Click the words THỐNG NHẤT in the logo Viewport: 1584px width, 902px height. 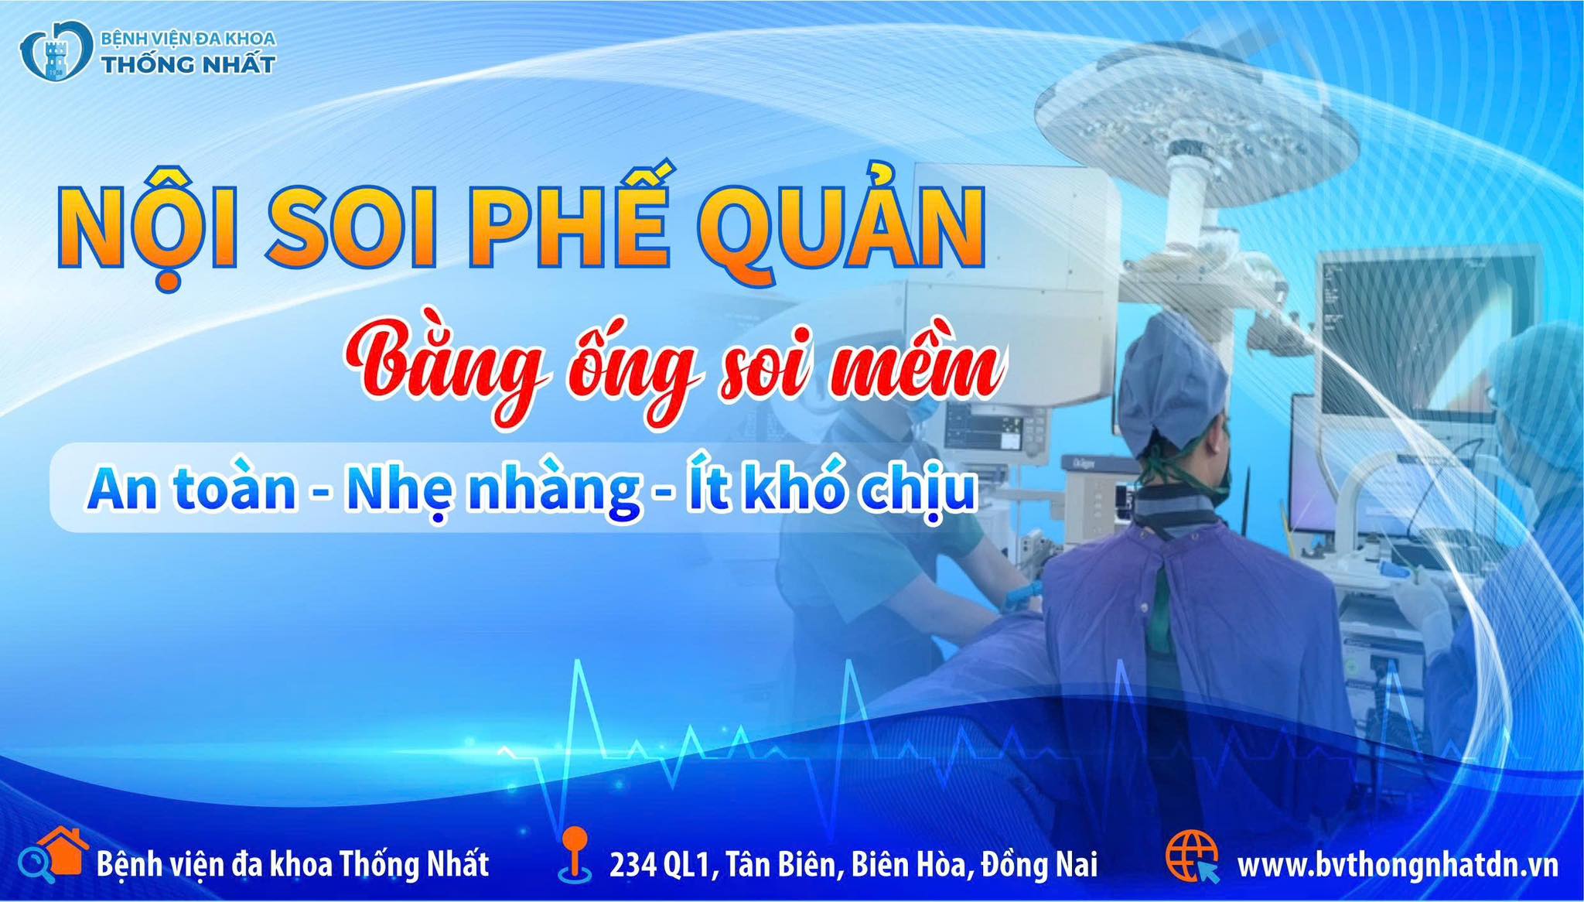[189, 64]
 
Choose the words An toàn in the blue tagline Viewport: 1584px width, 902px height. [192, 489]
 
